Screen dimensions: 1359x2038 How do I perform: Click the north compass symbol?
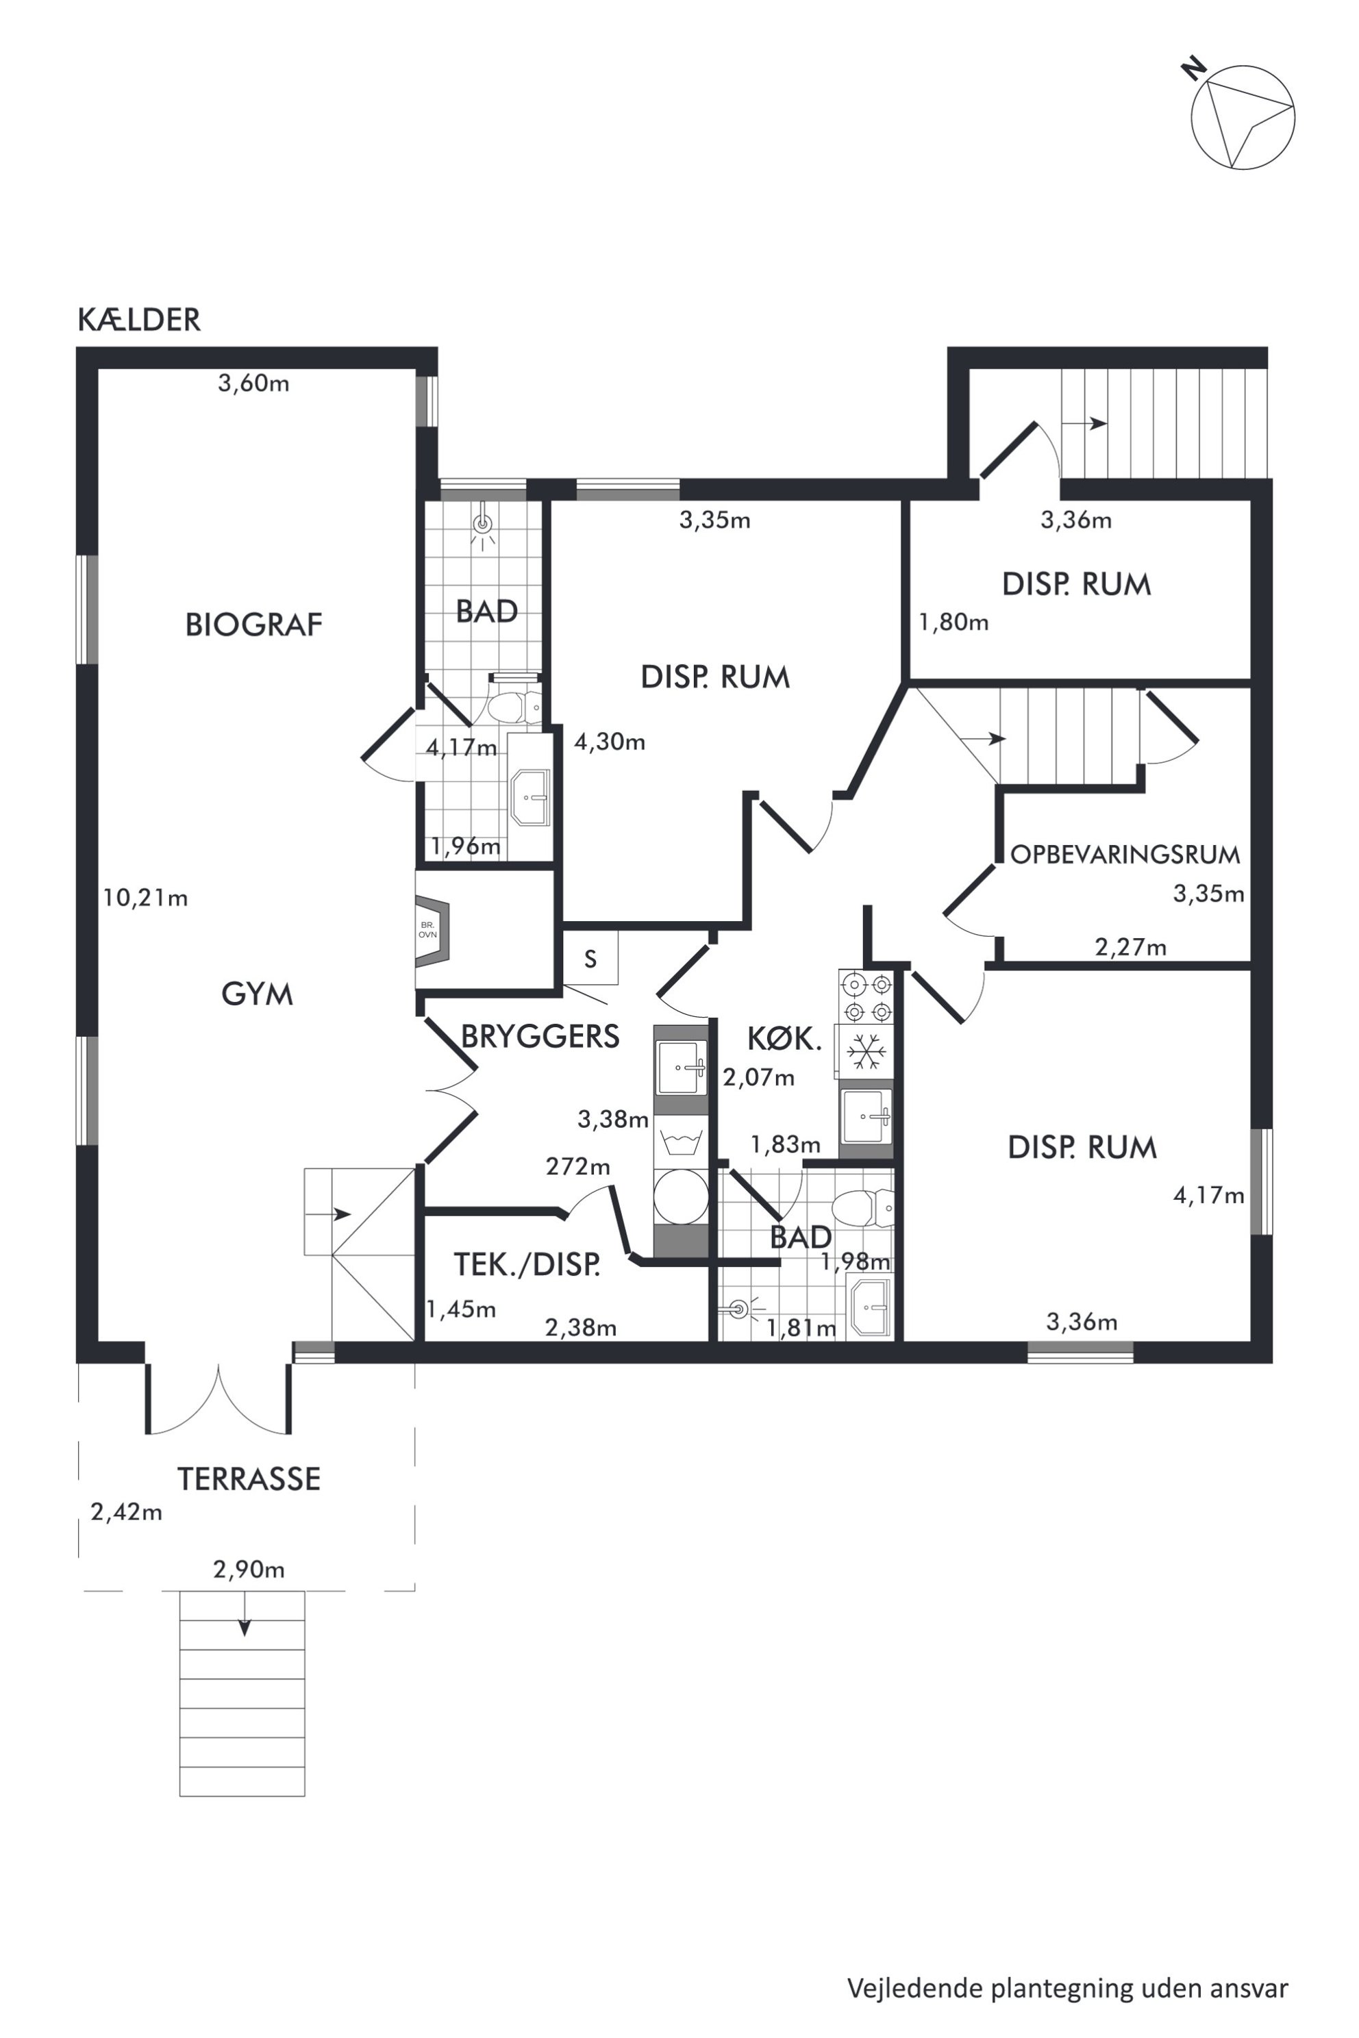(1241, 115)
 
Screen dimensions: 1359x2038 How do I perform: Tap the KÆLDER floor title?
(138, 320)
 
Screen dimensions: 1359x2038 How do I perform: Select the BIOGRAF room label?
(254, 624)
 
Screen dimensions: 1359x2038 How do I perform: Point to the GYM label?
(257, 994)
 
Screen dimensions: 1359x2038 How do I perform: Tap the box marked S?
(590, 958)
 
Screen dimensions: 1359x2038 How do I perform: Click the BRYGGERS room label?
(540, 1036)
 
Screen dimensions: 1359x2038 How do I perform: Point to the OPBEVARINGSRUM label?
(1125, 855)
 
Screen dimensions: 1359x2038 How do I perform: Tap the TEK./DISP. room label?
(527, 1266)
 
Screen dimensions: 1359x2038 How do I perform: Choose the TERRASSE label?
(249, 1479)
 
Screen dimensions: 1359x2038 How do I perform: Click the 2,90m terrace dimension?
(249, 1569)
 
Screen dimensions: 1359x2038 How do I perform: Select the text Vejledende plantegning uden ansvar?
(1068, 1963)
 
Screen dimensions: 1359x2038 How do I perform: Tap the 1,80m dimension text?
(953, 622)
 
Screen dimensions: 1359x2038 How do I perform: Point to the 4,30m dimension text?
(610, 742)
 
